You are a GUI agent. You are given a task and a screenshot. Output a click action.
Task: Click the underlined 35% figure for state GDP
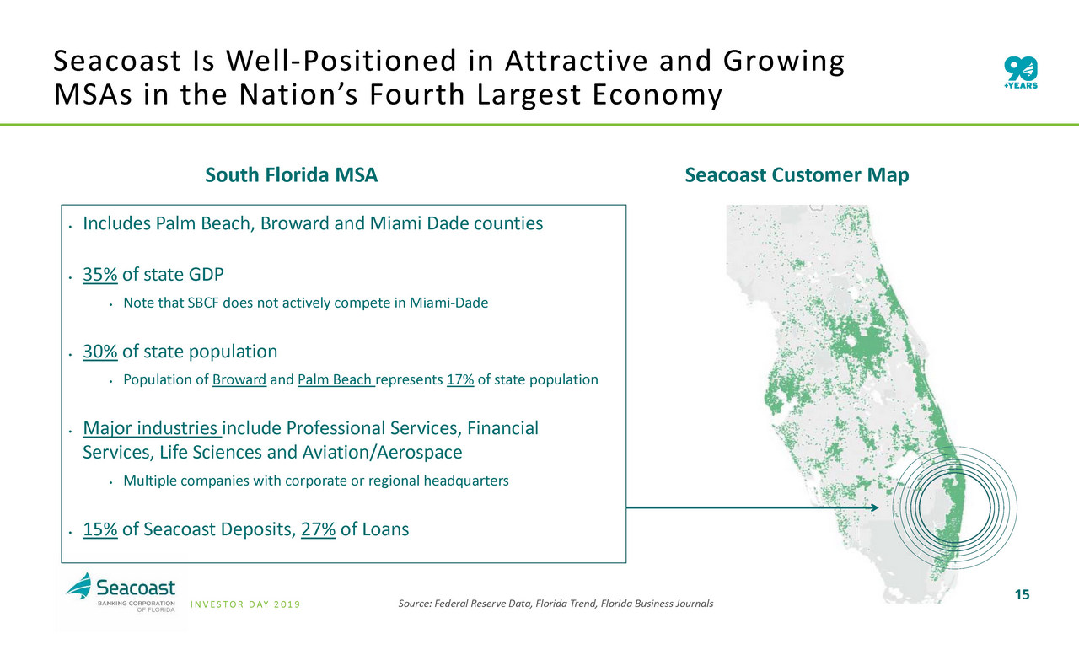(99, 274)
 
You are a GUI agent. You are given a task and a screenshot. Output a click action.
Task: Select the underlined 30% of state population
(99, 351)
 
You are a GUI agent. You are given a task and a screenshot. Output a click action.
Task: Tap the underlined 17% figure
(460, 379)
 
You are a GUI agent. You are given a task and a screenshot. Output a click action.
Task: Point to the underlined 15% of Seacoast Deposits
(99, 529)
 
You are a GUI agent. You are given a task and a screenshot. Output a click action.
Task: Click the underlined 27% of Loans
(318, 529)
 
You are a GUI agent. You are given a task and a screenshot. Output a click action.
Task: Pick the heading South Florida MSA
(291, 174)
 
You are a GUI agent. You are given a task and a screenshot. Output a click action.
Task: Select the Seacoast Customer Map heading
(797, 174)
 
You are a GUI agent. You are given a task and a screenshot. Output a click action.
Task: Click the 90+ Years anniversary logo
(1021, 72)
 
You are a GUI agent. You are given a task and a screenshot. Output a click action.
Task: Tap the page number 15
(1023, 595)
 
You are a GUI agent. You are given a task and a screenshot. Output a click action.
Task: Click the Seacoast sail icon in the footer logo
(79, 586)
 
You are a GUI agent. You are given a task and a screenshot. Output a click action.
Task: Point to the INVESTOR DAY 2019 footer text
(245, 604)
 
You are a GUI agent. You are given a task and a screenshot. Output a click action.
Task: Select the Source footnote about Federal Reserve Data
(556, 604)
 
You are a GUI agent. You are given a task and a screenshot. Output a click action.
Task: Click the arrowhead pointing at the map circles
(875, 507)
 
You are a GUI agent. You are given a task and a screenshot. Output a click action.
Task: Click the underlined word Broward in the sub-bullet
(239, 379)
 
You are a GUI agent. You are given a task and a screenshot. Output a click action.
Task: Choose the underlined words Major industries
(152, 428)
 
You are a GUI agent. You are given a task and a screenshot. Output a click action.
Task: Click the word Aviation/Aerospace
(382, 452)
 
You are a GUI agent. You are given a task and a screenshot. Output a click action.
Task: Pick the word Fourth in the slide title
(417, 94)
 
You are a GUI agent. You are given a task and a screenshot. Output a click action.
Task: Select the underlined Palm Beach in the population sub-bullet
(336, 379)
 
